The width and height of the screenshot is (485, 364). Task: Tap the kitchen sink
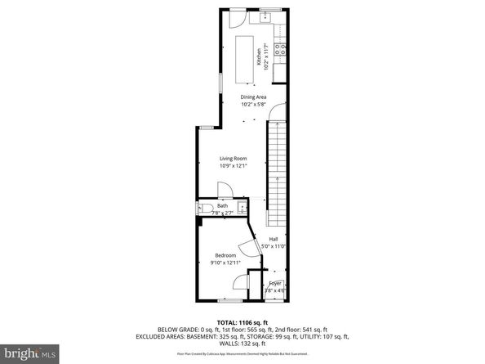pyautogui.click(x=267, y=16)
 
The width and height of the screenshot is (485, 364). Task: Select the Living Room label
pyautogui.click(x=233, y=158)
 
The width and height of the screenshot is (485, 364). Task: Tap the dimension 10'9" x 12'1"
pyautogui.click(x=233, y=166)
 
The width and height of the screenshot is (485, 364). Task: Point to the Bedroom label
pyautogui.click(x=225, y=256)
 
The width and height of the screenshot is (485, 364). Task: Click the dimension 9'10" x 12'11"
pyautogui.click(x=225, y=263)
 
